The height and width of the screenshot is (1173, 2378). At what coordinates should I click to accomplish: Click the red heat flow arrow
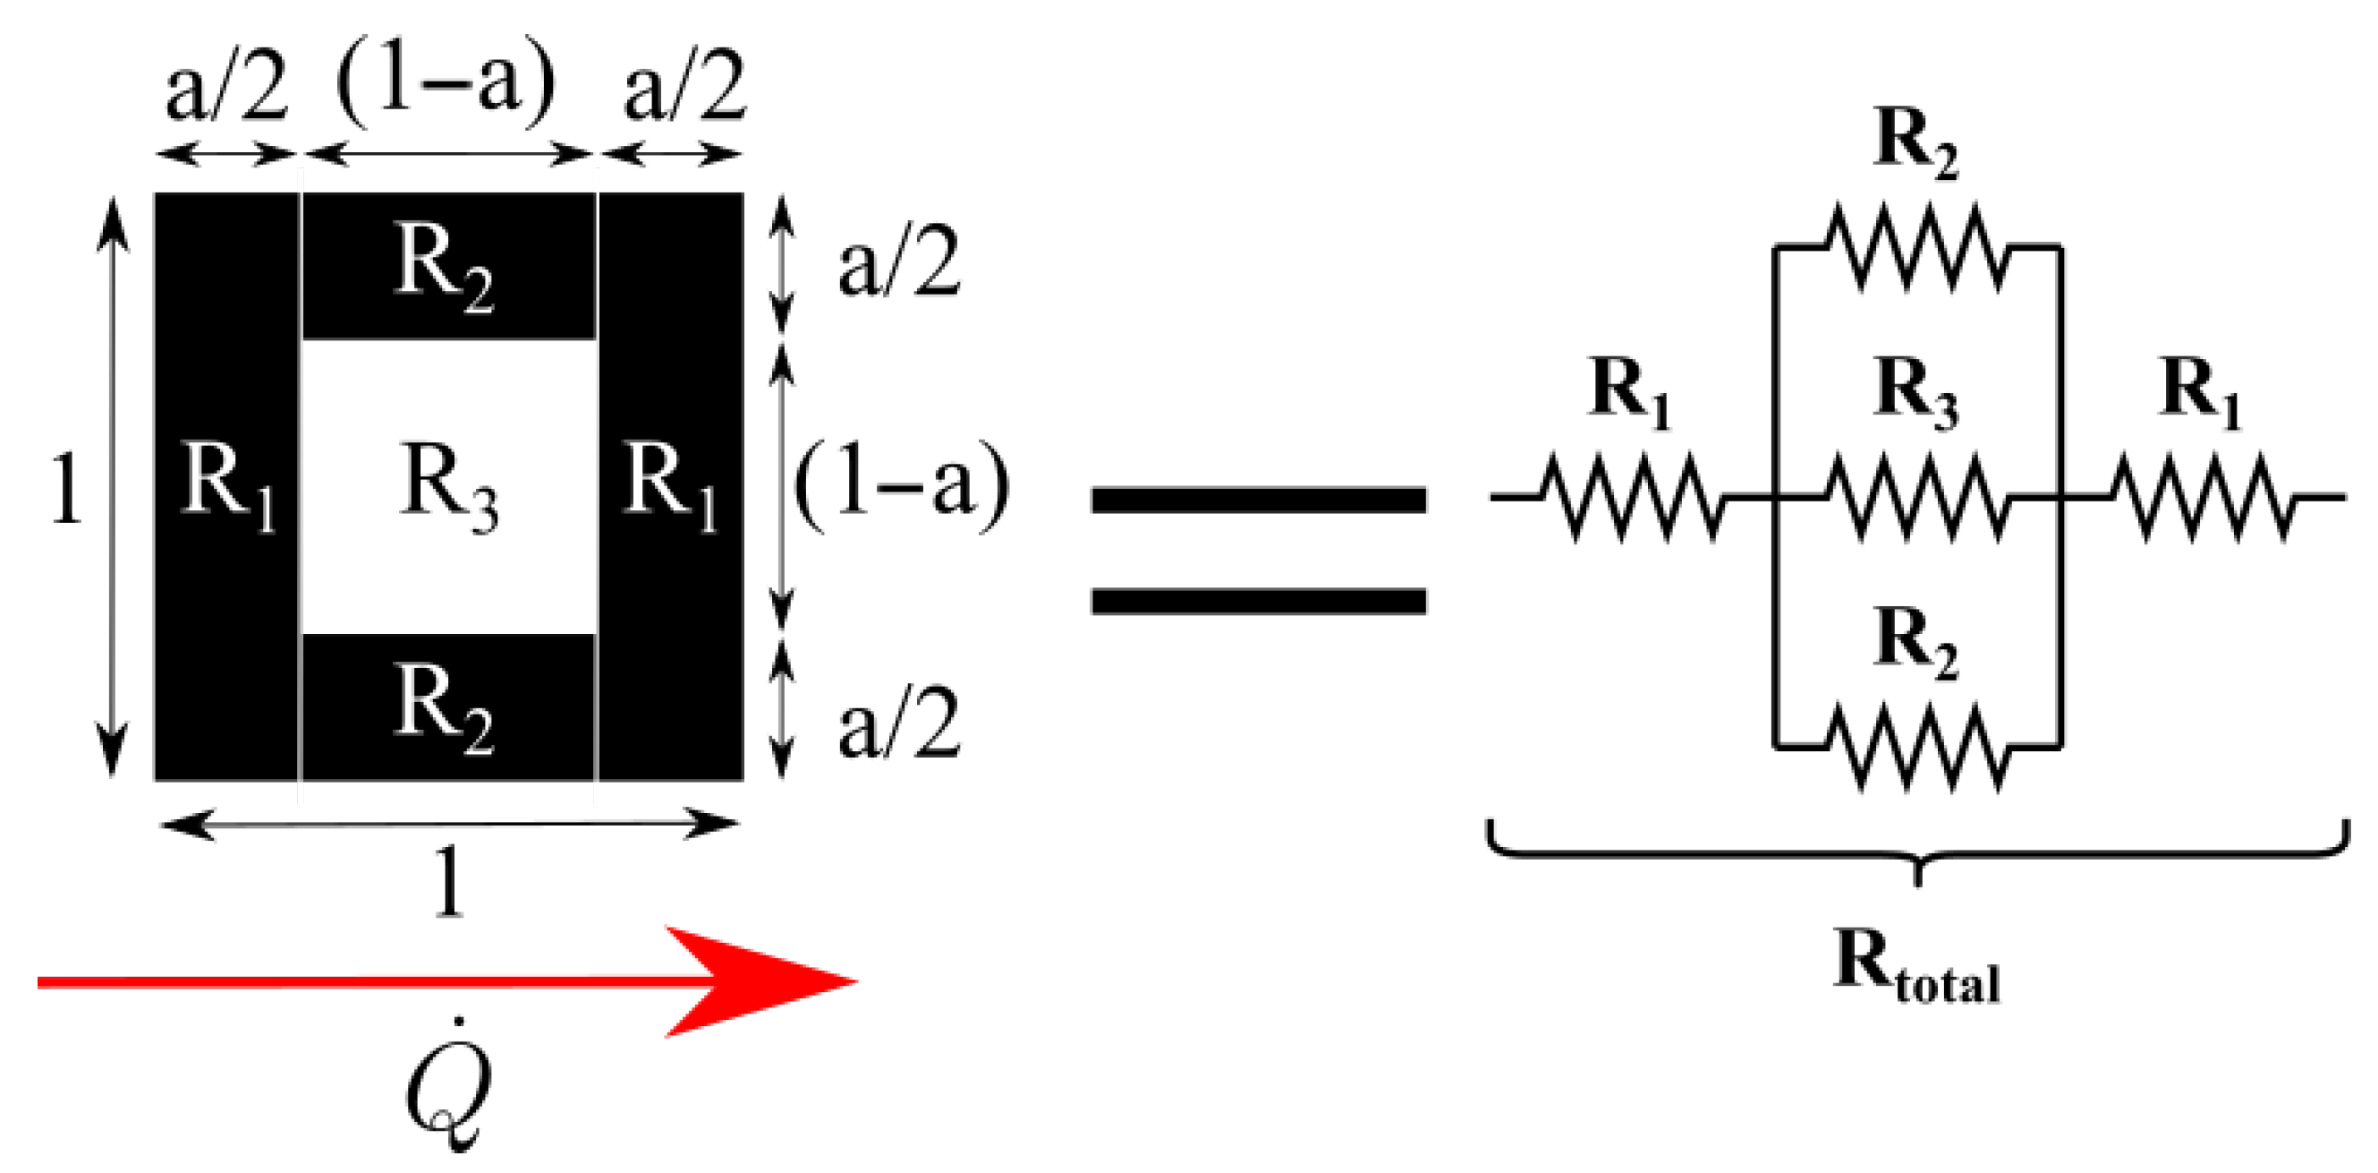pyautogui.click(x=443, y=981)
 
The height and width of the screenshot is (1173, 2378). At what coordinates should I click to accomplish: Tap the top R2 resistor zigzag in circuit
pyautogui.click(x=1916, y=247)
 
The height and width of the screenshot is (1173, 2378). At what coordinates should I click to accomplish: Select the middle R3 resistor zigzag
pyautogui.click(x=1916, y=497)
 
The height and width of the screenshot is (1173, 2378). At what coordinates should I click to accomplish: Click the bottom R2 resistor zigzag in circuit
pyautogui.click(x=1916, y=745)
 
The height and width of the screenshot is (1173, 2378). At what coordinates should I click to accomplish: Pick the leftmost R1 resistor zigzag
pyautogui.click(x=1629, y=497)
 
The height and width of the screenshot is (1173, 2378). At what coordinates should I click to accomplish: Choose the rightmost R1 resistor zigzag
pyautogui.click(x=2202, y=497)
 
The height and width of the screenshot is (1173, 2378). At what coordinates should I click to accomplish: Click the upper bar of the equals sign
pyautogui.click(x=1258, y=501)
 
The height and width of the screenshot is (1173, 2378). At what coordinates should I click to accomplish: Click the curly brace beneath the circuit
pyautogui.click(x=1916, y=853)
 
